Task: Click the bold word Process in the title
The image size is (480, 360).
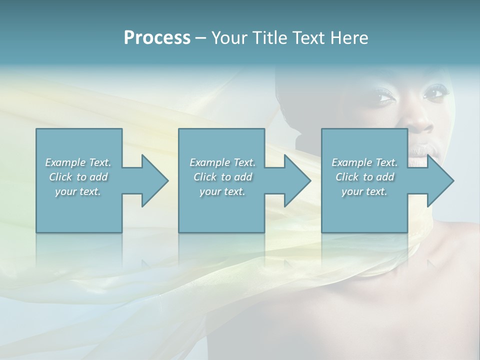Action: pos(157,37)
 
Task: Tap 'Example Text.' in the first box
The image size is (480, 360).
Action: pos(78,162)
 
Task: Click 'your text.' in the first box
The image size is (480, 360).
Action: pos(78,191)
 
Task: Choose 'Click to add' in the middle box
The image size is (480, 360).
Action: pos(222,177)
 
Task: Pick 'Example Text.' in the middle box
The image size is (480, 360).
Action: pos(222,162)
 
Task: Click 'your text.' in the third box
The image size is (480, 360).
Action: pos(364,191)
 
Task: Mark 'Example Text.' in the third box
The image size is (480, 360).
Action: pos(364,162)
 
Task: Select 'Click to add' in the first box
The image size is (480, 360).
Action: pos(78,177)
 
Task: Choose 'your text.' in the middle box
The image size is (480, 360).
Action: pos(222,191)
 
